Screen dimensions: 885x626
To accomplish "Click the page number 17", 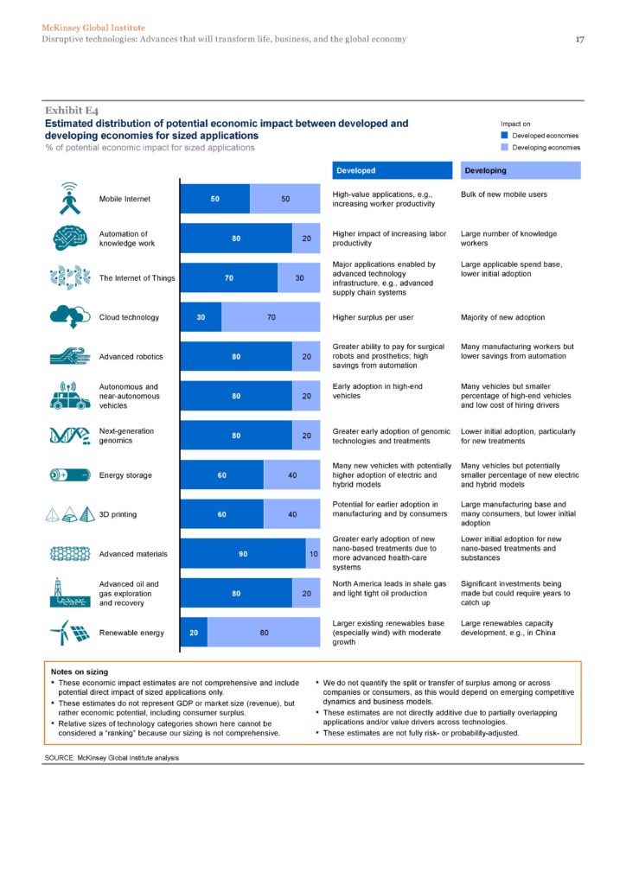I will click(x=582, y=39).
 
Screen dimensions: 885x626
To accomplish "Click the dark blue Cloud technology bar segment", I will click(x=201, y=317).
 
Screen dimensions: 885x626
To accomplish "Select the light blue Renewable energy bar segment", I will click(x=264, y=633).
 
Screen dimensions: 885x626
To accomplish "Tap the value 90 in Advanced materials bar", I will click(x=243, y=554).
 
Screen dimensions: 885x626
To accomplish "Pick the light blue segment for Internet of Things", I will click(x=298, y=277).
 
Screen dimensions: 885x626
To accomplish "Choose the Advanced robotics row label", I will click(x=131, y=357).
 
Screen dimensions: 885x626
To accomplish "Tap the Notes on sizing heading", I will click(x=80, y=671).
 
